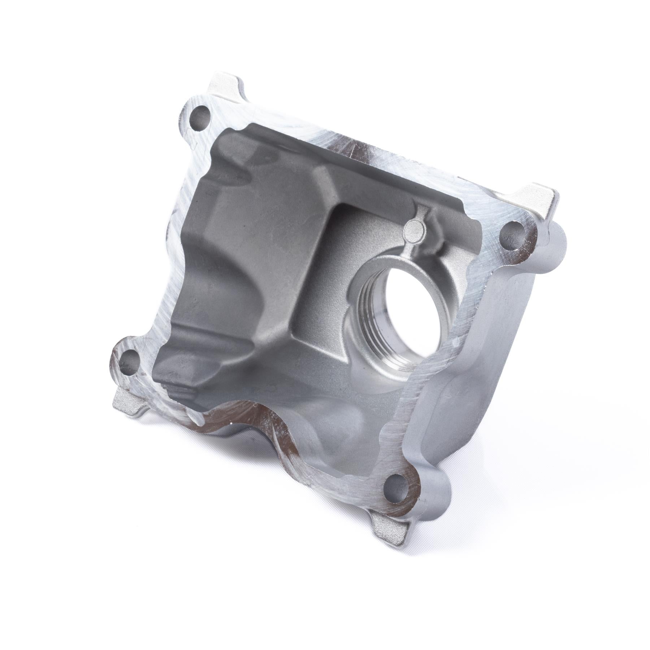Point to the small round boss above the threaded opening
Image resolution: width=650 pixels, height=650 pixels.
414,229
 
